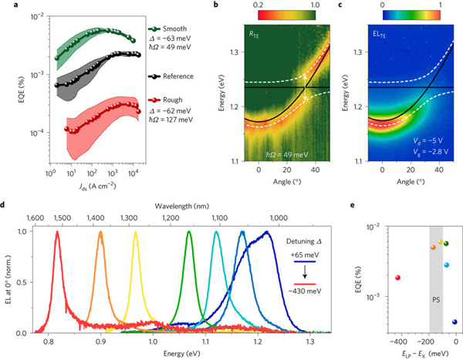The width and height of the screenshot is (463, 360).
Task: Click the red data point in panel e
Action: (x=398, y=278)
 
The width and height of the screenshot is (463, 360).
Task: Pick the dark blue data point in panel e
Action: (x=455, y=321)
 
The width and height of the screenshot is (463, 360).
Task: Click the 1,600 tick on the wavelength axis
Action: (x=35, y=219)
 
